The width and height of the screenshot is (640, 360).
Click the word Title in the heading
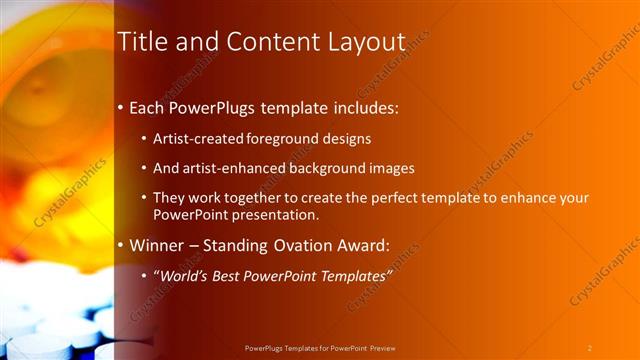pos(140,42)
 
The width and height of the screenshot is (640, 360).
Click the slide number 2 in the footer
pos(590,347)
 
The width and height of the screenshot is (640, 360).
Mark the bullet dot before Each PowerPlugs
pos(121,106)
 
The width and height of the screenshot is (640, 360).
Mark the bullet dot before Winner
pos(121,245)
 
